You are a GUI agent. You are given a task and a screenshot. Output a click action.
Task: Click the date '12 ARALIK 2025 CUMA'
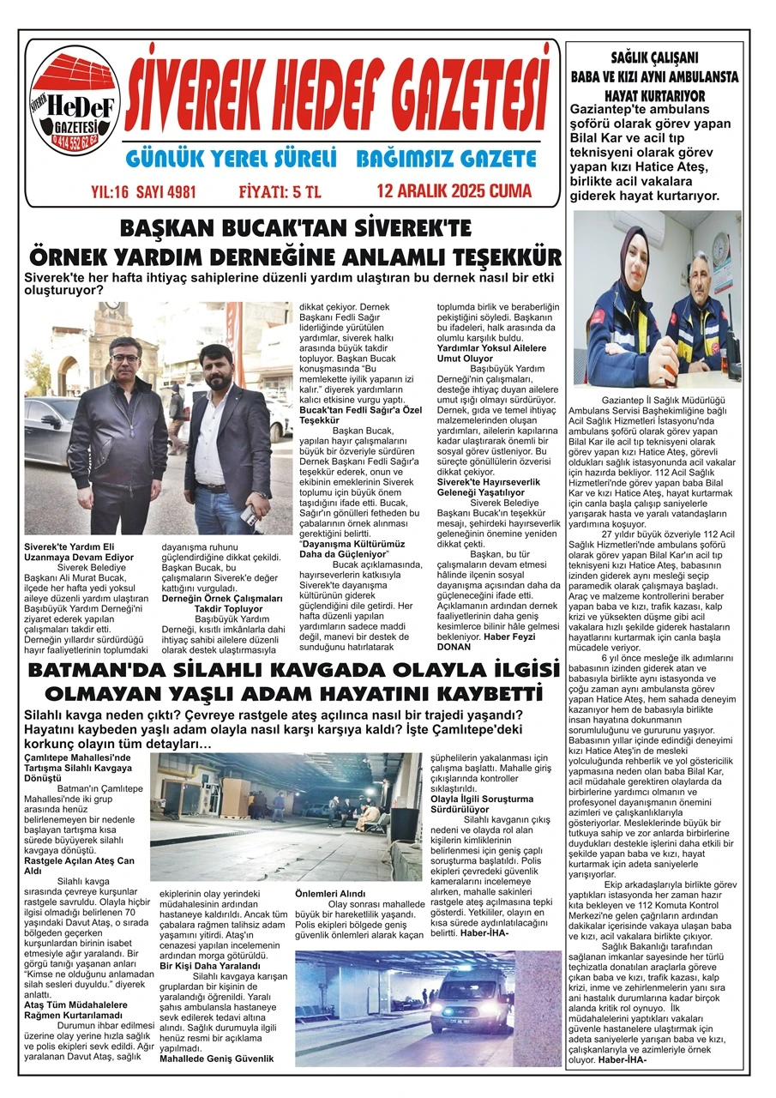454,190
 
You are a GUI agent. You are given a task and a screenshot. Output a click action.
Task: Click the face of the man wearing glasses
124,352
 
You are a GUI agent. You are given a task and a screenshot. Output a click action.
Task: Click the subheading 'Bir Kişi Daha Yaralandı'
210,966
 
